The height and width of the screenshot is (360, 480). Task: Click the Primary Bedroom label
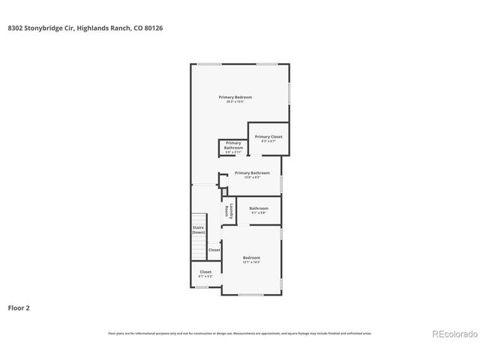coord(235,97)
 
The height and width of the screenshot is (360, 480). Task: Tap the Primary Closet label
coord(268,136)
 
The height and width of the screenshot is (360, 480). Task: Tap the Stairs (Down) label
coord(198,229)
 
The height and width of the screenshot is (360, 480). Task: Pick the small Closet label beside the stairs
coord(214,250)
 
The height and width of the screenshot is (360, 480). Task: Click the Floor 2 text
coord(19,307)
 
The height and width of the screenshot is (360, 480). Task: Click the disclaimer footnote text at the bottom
coord(239,333)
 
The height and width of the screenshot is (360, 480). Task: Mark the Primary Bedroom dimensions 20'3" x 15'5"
coord(235,102)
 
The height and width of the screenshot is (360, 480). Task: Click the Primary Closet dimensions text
coord(268,141)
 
